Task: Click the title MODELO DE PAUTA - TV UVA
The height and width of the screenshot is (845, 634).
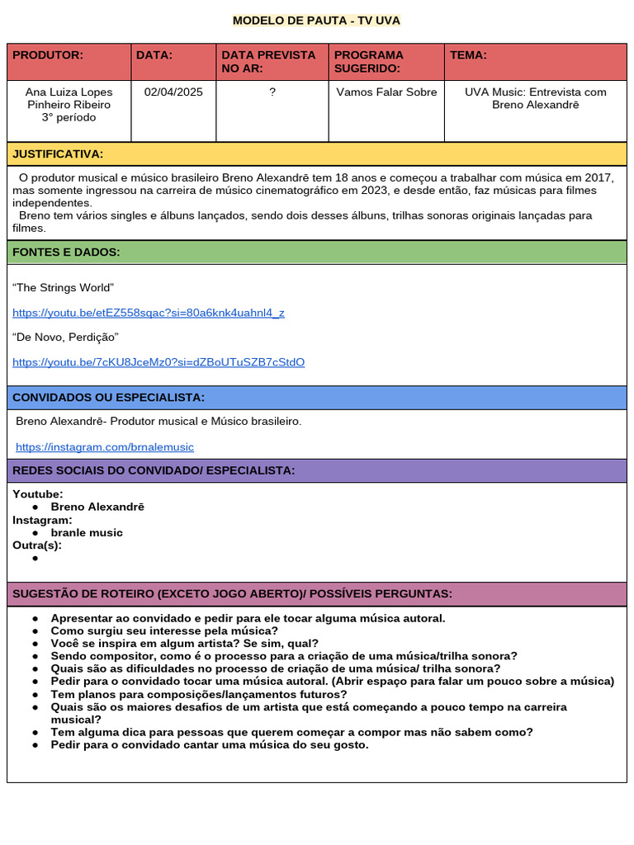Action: pos(316,21)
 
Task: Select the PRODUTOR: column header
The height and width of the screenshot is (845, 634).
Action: pos(48,55)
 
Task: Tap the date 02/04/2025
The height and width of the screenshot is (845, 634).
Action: pos(173,92)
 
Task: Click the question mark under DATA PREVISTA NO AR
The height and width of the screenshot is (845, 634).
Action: pos(272,92)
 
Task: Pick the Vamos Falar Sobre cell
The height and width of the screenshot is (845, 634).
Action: pos(386,92)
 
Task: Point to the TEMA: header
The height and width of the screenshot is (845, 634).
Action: pos(468,55)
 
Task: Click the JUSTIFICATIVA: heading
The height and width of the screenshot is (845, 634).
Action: pos(58,154)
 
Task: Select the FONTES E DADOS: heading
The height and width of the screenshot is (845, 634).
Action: pos(66,253)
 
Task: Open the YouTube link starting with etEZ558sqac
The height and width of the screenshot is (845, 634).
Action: pos(149,313)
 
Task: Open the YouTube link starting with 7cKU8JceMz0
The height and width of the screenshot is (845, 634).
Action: pos(158,362)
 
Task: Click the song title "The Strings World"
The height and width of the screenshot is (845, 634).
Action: pos(63,288)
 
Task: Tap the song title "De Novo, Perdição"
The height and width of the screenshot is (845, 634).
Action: pos(65,338)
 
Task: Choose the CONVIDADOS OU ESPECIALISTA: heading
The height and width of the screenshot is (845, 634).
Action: pos(108,398)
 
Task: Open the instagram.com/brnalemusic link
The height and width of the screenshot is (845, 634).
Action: pos(105,447)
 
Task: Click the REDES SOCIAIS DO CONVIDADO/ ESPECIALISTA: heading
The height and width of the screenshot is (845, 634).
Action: pos(154,470)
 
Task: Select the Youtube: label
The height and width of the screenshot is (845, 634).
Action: pos(38,494)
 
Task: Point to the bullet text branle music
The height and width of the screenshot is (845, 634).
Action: pos(87,533)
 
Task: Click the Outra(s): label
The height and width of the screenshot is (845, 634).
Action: pos(37,545)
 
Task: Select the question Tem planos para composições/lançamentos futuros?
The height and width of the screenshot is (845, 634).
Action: pos(199,695)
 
